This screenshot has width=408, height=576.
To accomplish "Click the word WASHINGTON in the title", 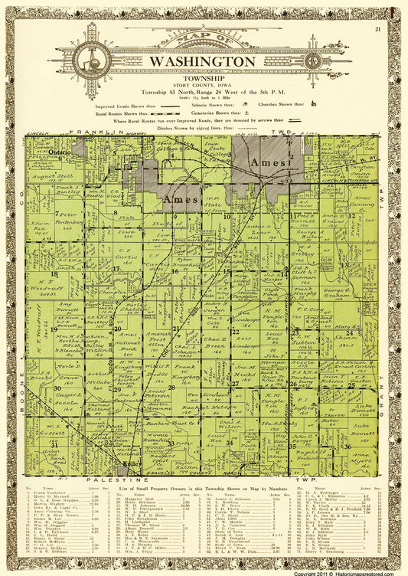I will tap(204, 61).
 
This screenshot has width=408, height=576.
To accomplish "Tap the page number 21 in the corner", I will tap(378, 29).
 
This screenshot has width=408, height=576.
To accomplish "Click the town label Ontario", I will tap(60, 152).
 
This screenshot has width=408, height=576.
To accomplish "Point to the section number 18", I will tap(54, 272).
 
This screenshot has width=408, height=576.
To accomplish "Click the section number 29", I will tap(117, 389).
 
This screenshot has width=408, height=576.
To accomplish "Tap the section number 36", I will tap(347, 446).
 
